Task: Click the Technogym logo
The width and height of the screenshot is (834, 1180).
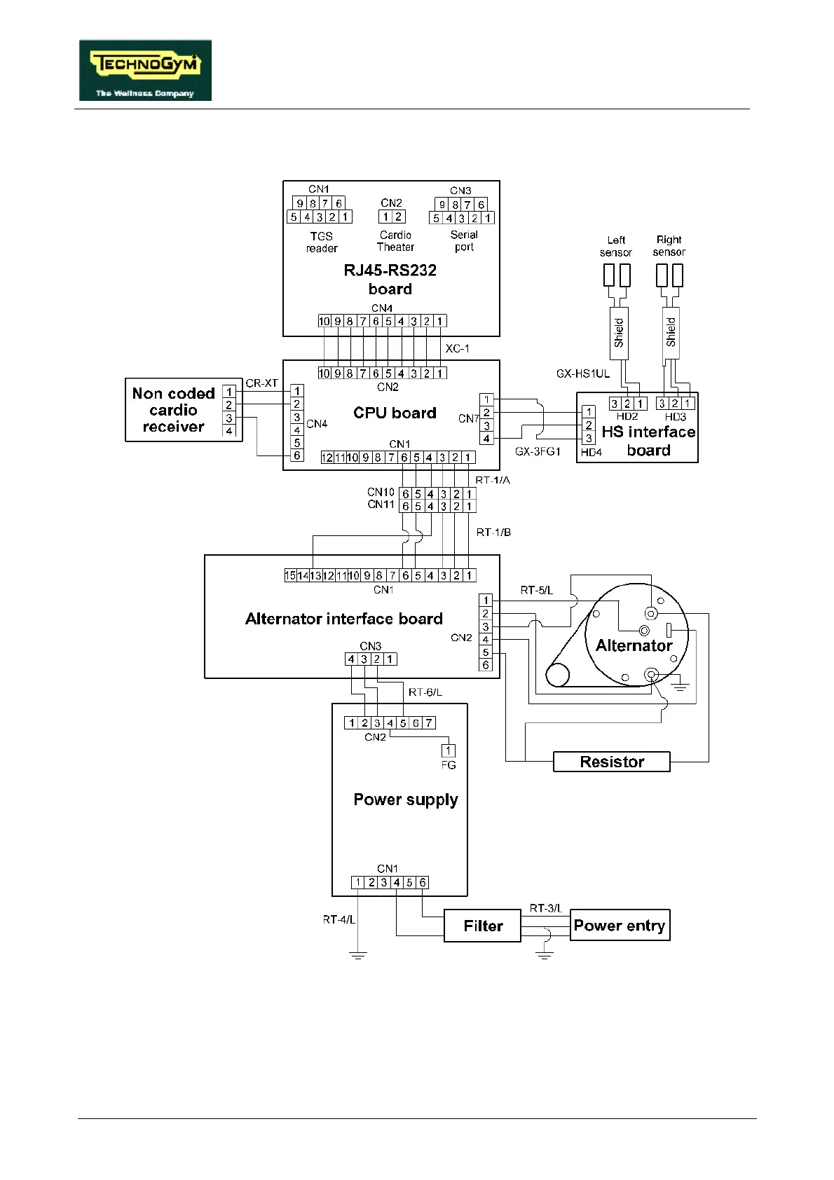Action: pyautogui.click(x=145, y=70)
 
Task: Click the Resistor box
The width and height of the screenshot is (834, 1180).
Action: pyautogui.click(x=612, y=762)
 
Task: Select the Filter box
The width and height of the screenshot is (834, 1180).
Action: pyautogui.click(x=483, y=926)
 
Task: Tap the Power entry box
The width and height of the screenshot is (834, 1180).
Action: pyautogui.click(x=620, y=925)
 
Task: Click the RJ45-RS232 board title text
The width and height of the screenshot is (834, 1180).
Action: pyautogui.click(x=390, y=280)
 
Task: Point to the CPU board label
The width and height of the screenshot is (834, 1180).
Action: pyautogui.click(x=395, y=413)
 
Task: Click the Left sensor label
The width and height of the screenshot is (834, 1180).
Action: pyautogui.click(x=616, y=246)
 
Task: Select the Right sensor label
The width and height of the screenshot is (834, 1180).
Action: pyautogui.click(x=669, y=246)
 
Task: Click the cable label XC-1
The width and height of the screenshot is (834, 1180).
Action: pyautogui.click(x=458, y=349)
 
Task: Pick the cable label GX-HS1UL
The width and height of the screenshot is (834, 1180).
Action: pyautogui.click(x=582, y=373)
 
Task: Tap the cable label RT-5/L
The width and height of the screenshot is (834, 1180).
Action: pyautogui.click(x=536, y=590)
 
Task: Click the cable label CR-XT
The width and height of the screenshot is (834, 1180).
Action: pyautogui.click(x=262, y=383)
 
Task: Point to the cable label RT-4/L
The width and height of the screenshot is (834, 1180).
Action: pyautogui.click(x=339, y=919)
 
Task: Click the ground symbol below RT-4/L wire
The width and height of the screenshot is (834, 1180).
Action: pyautogui.click(x=357, y=956)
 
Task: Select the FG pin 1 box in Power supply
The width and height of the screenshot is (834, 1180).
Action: pyautogui.click(x=449, y=750)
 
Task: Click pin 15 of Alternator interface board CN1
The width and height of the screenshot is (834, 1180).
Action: pyautogui.click(x=290, y=575)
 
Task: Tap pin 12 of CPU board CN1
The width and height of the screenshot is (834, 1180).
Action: pyautogui.click(x=327, y=458)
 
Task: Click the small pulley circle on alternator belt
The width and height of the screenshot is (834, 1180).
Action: pyautogui.click(x=557, y=675)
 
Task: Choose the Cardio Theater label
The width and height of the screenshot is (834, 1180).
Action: pyautogui.click(x=395, y=241)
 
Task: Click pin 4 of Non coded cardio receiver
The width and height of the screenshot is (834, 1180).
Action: pyautogui.click(x=229, y=431)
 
